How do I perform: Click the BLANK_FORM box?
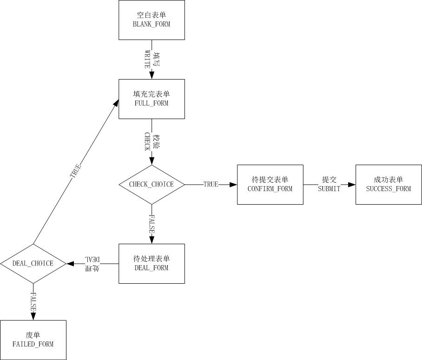152,20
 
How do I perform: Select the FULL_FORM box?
152,99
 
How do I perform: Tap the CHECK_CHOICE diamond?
152,185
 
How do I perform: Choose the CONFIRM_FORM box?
270,185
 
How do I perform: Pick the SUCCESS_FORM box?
389,185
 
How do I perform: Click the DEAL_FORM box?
152,264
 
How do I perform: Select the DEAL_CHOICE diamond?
33,264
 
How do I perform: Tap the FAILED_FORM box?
33,340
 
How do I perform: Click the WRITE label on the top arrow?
148,59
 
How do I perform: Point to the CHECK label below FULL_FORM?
147,141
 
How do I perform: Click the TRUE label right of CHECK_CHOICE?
211,185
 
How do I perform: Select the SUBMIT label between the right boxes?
329,189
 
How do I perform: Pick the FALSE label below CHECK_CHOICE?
152,223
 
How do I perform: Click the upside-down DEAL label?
92,259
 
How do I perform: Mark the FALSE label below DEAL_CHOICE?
33,302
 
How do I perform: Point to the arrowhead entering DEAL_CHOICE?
70,264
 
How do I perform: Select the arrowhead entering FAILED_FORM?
33,317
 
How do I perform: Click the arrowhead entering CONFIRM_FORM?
234,185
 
